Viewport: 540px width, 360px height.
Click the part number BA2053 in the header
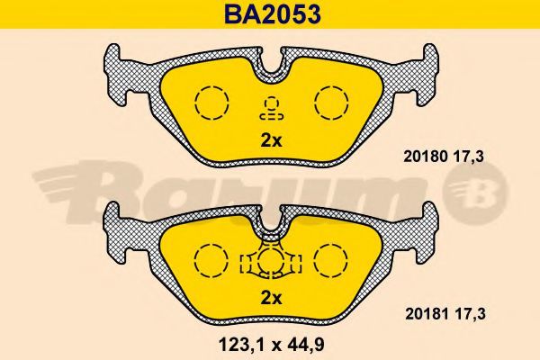(x=273, y=14)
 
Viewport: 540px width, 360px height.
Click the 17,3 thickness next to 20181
(x=470, y=314)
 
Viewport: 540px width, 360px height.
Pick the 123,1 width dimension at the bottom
(x=243, y=345)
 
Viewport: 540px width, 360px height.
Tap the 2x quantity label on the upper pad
(x=271, y=140)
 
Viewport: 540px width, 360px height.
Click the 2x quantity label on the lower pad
(x=271, y=298)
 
